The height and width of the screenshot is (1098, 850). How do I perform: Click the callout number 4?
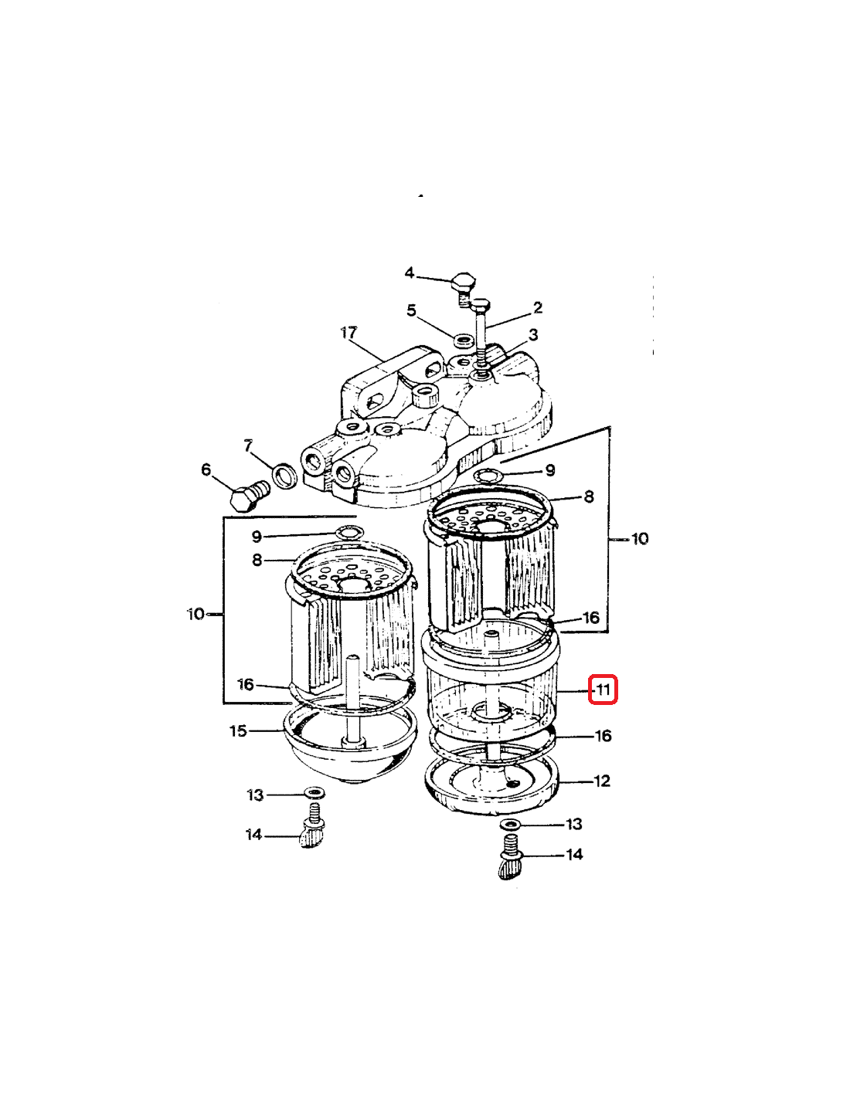tap(409, 273)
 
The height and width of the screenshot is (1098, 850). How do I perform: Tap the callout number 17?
tap(349, 333)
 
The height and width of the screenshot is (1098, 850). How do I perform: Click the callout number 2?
tap(538, 307)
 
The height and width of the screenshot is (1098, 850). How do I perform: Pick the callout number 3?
tap(533, 334)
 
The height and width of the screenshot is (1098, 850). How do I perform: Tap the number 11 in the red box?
tap(603, 690)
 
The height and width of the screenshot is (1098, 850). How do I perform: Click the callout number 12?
tap(602, 781)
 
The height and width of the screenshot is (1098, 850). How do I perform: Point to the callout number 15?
tap(238, 730)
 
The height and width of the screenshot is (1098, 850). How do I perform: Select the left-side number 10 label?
tap(195, 615)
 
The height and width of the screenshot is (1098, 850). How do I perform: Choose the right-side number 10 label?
tap(640, 539)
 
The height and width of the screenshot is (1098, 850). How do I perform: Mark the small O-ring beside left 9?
tap(349, 532)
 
